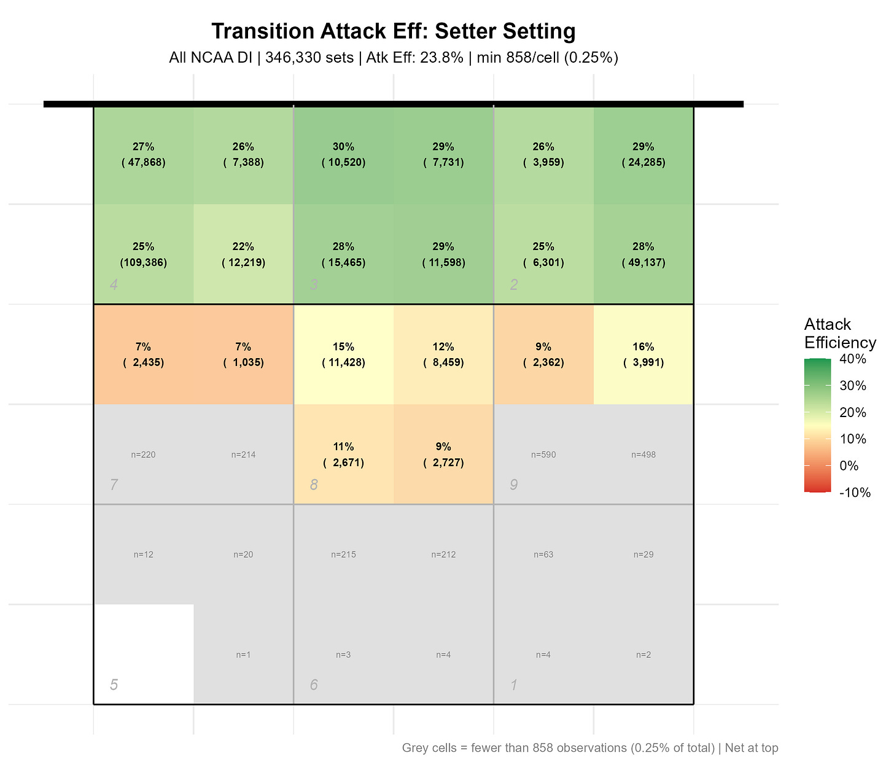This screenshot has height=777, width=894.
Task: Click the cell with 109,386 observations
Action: pyautogui.click(x=143, y=254)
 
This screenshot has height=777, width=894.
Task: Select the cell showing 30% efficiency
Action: pyautogui.click(x=343, y=154)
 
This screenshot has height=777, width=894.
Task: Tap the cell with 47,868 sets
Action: pyautogui.click(x=143, y=154)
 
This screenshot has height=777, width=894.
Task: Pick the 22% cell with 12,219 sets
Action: pyautogui.click(x=243, y=254)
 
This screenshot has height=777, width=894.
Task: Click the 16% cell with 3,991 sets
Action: pyautogui.click(x=643, y=354)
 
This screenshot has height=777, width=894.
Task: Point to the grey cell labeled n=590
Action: pyautogui.click(x=543, y=455)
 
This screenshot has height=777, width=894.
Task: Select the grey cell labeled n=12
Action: pyautogui.click(x=143, y=555)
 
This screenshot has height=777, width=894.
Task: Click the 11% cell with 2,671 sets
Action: pyautogui.click(x=343, y=455)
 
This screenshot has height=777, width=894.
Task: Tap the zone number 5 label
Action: pyautogui.click(x=114, y=685)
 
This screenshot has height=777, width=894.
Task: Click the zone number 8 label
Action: pyautogui.click(x=314, y=485)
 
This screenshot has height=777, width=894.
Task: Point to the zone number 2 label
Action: pyautogui.click(x=514, y=285)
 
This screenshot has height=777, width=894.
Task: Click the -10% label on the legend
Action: pyautogui.click(x=854, y=493)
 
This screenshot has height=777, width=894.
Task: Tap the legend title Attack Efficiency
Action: pyautogui.click(x=839, y=334)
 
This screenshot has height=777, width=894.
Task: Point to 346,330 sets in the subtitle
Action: pyautogui.click(x=309, y=58)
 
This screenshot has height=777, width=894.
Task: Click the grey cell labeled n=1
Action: pyautogui.click(x=243, y=655)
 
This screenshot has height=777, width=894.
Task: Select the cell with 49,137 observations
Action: pyautogui.click(x=643, y=254)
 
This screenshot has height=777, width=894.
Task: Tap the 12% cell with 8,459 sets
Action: pyautogui.click(x=443, y=354)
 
